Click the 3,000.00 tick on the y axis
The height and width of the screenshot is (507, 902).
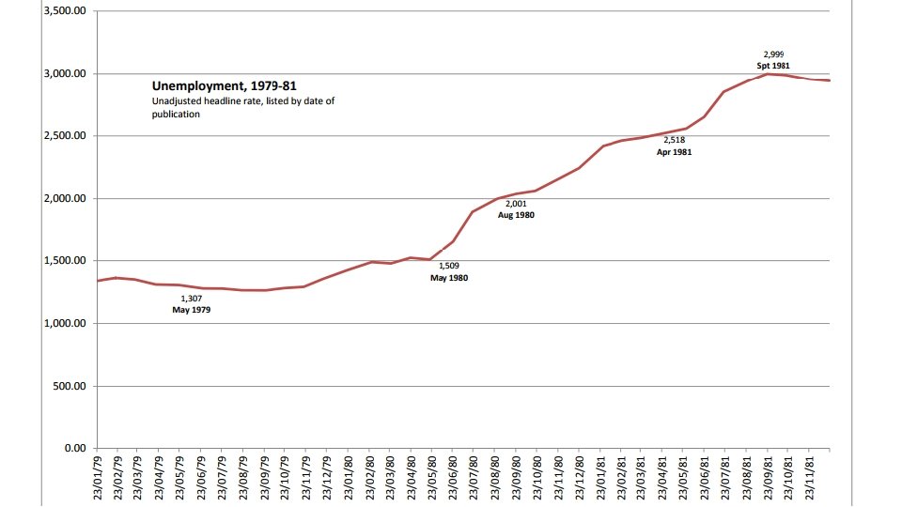pyautogui.click(x=65, y=74)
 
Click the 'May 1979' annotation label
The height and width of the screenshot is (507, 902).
pyautogui.click(x=191, y=310)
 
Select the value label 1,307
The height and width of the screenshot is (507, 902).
pyautogui.click(x=191, y=298)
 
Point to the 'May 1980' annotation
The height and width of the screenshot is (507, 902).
pyautogui.click(x=448, y=279)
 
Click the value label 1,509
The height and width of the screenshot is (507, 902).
pyautogui.click(x=448, y=267)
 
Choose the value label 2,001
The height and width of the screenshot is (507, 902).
pyautogui.click(x=516, y=203)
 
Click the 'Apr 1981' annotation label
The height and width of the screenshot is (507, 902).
pyautogui.click(x=673, y=151)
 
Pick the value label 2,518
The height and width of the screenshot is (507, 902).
pyautogui.click(x=673, y=139)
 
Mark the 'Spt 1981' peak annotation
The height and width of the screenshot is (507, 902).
pyautogui.click(x=772, y=67)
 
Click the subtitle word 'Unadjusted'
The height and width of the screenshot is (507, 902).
pyautogui.click(x=178, y=100)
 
